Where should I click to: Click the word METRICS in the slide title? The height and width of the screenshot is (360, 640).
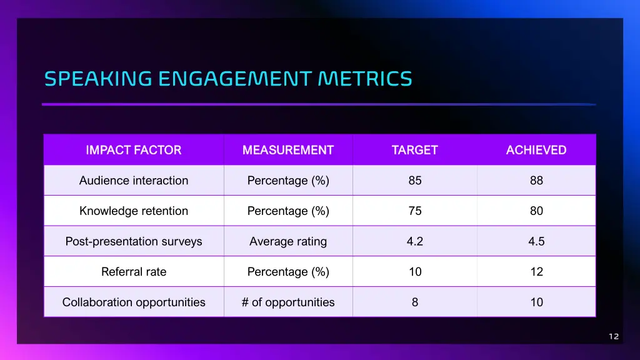pos(364,79)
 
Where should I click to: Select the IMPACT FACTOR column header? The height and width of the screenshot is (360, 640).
pos(134,150)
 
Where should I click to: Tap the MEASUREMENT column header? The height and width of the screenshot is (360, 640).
pos(288,150)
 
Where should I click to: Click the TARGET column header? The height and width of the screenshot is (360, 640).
pos(415,150)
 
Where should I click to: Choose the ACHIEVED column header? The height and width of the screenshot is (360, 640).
pos(536,150)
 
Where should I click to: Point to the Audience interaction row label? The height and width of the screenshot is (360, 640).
pos(134,181)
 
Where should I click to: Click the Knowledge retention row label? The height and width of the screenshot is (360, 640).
pos(134,211)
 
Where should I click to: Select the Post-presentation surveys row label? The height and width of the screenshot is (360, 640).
pos(134,241)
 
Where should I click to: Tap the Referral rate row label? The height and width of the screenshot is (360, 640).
pos(134,272)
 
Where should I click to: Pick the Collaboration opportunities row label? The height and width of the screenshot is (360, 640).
pos(134,302)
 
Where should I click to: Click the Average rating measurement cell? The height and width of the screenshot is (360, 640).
pos(288,241)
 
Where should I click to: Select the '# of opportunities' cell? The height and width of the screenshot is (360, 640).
pos(288,302)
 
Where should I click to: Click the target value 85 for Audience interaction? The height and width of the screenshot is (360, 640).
pos(415,181)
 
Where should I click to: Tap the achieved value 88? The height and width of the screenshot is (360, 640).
pos(536,181)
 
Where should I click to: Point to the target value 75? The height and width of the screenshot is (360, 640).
pos(415,211)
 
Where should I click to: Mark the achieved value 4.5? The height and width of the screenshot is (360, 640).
pos(536,241)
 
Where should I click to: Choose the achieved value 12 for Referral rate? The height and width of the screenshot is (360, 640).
pos(536,272)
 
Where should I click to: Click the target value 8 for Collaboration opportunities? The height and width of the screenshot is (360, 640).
pos(415,302)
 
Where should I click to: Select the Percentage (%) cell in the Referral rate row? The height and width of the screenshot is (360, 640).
pos(288,272)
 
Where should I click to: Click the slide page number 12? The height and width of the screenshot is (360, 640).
pos(614,337)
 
